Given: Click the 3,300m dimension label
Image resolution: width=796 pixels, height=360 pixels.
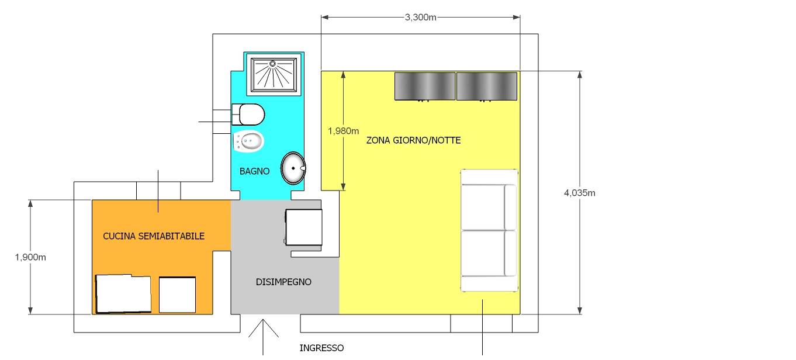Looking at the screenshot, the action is [420, 17].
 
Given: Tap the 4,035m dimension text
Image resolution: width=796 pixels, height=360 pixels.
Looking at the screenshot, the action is [580, 193].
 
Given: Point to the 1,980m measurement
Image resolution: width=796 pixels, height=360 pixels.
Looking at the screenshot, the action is [343, 131].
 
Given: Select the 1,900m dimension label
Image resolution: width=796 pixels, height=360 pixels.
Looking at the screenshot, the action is [30, 257].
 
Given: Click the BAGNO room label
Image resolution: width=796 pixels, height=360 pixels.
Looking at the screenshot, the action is [254, 171].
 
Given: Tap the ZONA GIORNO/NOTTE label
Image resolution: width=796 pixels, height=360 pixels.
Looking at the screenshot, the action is [413, 140].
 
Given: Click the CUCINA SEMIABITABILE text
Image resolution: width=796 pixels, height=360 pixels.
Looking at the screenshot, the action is [154, 236].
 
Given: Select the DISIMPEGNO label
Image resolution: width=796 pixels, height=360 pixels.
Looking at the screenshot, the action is [283, 282].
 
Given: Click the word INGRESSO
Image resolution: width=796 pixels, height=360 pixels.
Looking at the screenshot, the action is [321, 348].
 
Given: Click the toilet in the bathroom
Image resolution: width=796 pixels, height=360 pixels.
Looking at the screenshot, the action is [248, 115].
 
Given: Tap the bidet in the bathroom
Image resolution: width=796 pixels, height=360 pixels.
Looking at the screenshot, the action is [248, 141].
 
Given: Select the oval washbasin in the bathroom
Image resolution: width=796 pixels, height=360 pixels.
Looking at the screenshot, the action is [293, 168].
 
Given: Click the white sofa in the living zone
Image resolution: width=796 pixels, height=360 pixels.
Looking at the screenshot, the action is [489, 230].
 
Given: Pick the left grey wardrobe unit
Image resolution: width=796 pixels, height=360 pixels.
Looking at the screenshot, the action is [425, 86].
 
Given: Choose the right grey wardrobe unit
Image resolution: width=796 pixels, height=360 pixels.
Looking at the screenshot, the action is [487, 86].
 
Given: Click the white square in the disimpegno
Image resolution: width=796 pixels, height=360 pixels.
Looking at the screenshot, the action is [304, 227].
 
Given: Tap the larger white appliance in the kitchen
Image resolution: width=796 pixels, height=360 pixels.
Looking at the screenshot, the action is [123, 294].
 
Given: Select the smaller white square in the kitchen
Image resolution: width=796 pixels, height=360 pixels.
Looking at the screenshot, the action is [177, 295].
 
